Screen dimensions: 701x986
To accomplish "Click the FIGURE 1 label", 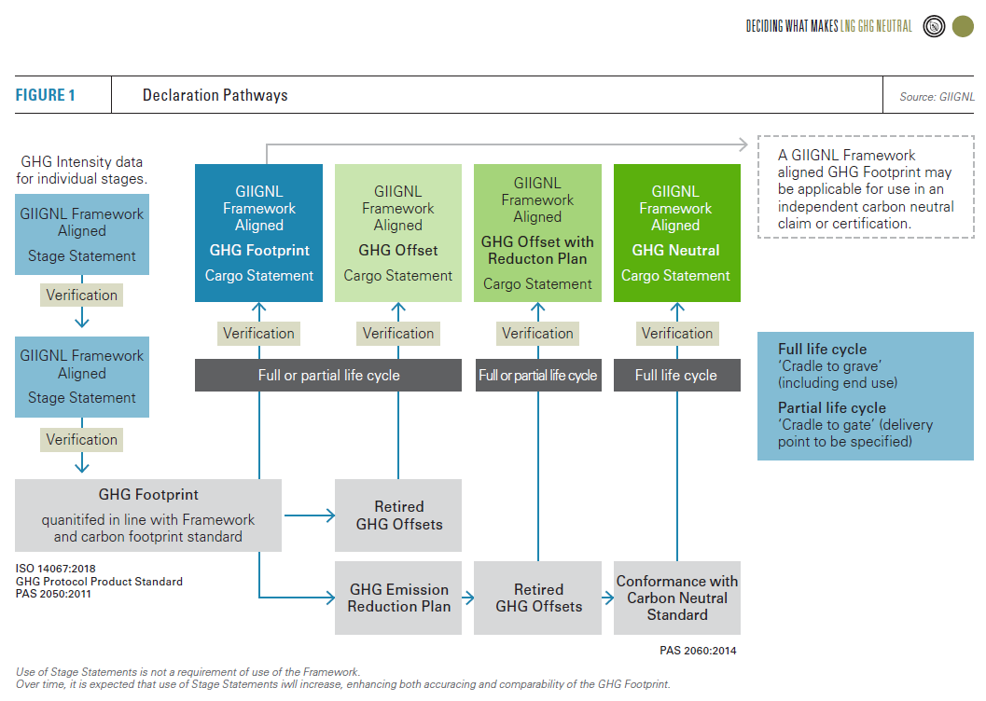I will [x=45, y=95].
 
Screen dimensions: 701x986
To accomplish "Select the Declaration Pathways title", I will [x=215, y=95].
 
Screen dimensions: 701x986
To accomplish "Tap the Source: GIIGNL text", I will [x=937, y=96].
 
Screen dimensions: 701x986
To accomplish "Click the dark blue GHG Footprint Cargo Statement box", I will [x=258, y=233].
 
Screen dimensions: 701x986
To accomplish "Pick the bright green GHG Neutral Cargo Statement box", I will [x=676, y=233].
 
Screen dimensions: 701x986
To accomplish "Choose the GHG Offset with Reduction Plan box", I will [x=537, y=233].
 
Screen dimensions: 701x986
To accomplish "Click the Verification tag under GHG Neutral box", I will [x=676, y=333].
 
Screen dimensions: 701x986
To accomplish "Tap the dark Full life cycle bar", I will [x=676, y=375].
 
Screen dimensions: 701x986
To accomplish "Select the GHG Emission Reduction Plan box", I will [x=398, y=598].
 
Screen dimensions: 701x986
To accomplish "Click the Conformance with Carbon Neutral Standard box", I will [x=676, y=598].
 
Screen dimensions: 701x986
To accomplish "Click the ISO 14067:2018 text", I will [x=56, y=568].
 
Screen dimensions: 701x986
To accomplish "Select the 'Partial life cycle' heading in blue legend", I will [x=832, y=407].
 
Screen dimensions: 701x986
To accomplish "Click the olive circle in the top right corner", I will [x=963, y=26].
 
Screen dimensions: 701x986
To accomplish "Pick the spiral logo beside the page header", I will [x=934, y=26].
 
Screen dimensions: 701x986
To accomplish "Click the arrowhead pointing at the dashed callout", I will [x=743, y=144].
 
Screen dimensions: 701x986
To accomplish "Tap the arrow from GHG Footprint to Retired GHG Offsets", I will [x=310, y=515].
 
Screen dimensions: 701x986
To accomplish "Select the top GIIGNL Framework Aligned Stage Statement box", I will [x=82, y=234].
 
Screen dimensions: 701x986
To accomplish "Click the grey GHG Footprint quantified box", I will [x=148, y=515].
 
